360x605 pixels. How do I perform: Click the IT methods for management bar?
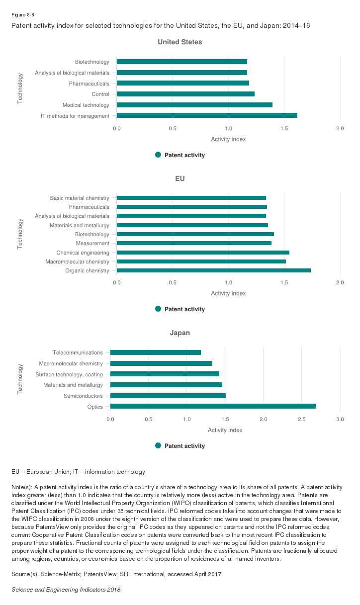[207, 116]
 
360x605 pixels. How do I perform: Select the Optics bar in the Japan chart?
[213, 407]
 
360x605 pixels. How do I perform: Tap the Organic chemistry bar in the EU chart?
[214, 270]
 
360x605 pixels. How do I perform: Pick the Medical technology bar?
[194, 105]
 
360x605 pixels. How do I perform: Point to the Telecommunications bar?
[155, 352]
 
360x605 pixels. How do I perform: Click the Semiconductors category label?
[83, 396]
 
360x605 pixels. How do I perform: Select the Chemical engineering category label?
[83, 253]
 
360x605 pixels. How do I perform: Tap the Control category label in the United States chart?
[100, 94]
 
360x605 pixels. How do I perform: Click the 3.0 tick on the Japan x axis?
[340, 420]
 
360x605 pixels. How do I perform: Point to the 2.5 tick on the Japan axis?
[301, 420]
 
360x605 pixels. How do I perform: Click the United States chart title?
[180, 42]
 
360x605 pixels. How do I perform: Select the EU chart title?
[180, 178]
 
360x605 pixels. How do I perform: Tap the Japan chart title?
[180, 333]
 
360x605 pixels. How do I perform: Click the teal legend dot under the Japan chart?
[159, 446]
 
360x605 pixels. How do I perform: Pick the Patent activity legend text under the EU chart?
[184, 309]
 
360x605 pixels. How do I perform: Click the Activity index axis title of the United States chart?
[228, 139]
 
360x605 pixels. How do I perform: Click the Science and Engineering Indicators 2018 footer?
[66, 590]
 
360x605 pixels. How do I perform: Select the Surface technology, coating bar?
[165, 374]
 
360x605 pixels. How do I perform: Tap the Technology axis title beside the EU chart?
[20, 234]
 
